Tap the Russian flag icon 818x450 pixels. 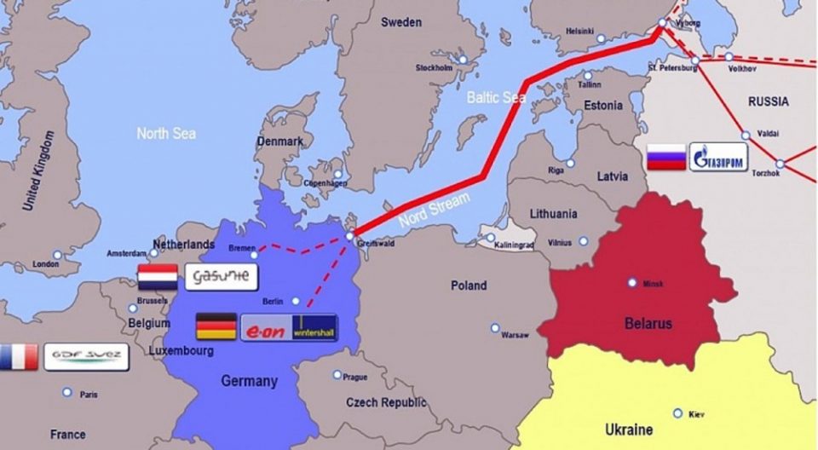pyautogui.click(x=665, y=157)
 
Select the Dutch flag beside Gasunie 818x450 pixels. pyautogui.click(x=158, y=277)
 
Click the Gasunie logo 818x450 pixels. pyautogui.click(x=220, y=277)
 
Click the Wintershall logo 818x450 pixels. pyautogui.click(x=314, y=327)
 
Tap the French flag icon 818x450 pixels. pyautogui.click(x=19, y=357)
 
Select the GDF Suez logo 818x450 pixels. pyautogui.click(x=85, y=357)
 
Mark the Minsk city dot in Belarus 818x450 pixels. pyautogui.click(x=632, y=282)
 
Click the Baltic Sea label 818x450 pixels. pyautogui.click(x=496, y=97)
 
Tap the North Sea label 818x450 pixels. pyautogui.click(x=166, y=133)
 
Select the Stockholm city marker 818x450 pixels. pyautogui.click(x=463, y=60)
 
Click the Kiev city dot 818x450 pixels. pyautogui.click(x=677, y=413)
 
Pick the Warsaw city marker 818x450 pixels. pyautogui.click(x=495, y=327)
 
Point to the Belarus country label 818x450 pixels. pyautogui.click(x=648, y=323)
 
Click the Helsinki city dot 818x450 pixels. pyautogui.click(x=602, y=38)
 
